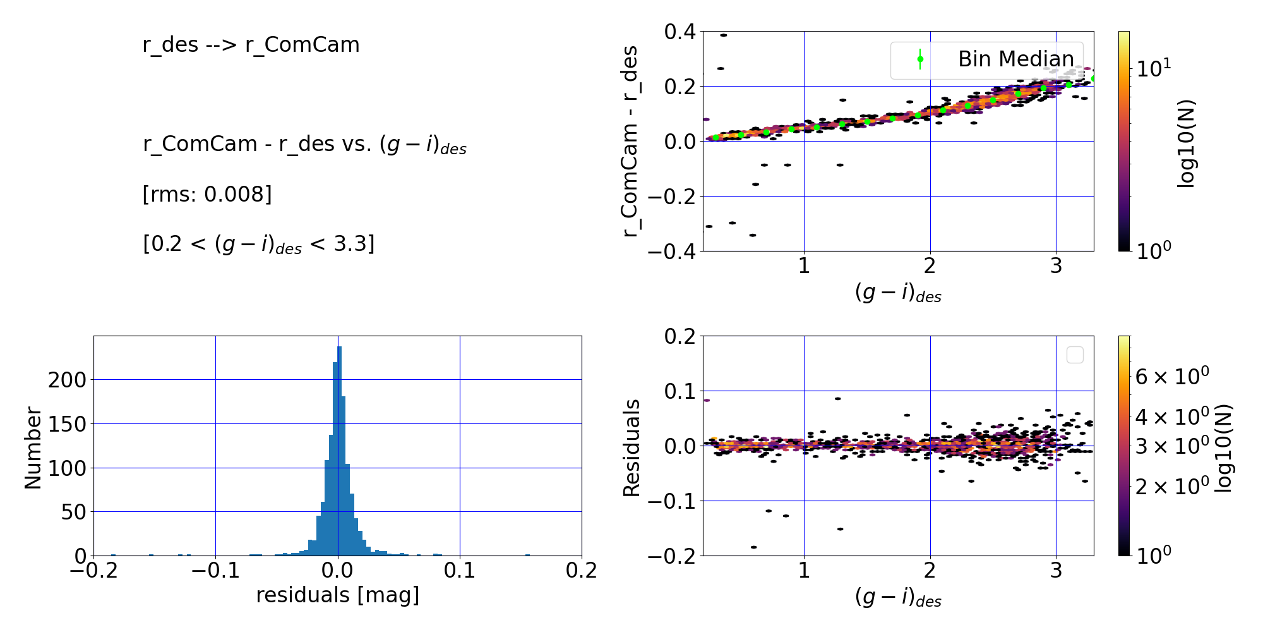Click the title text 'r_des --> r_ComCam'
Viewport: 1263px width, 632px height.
coord(251,45)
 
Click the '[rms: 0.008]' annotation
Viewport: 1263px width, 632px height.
coord(207,194)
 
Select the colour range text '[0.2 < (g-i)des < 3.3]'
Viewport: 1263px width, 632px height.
coord(259,244)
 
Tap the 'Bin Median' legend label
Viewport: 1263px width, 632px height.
coord(1015,59)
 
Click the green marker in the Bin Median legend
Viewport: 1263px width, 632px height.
coord(920,59)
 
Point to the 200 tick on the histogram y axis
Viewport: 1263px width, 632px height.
coord(68,380)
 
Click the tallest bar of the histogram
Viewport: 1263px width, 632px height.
coord(340,451)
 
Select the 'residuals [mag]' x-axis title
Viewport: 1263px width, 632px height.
coord(337,595)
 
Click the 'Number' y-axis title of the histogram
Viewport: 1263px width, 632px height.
coord(32,448)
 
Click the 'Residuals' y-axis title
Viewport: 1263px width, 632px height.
coord(631,448)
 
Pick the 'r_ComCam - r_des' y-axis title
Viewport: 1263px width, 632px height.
coord(630,142)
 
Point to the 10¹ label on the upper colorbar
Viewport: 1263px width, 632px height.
coord(1154,68)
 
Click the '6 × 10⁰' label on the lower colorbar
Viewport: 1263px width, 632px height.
coord(1172,376)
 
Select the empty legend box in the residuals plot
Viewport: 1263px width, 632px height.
coord(1075,355)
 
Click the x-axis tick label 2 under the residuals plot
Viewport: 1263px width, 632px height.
coord(930,571)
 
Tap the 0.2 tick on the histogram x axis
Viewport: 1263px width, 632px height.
coord(581,570)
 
